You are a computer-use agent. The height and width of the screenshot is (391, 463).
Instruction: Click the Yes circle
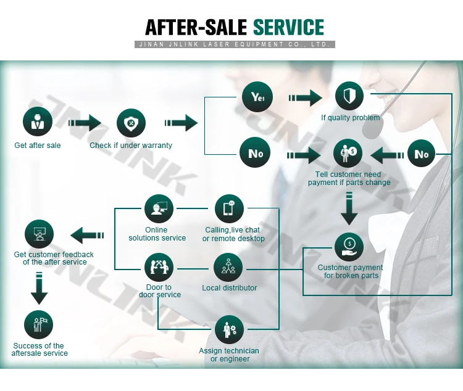coord(255,97)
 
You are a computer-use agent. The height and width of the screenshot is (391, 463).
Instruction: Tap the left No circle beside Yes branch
coord(255,153)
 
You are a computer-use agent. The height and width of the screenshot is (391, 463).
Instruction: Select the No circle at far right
coord(421,154)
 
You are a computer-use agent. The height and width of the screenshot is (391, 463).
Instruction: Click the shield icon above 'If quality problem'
coord(349,97)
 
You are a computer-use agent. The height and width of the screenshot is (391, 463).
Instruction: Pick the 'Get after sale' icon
coord(38,122)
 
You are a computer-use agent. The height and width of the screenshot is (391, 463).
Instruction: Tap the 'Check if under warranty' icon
coord(131,122)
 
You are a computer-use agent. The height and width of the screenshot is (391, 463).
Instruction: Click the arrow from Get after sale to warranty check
coord(84,123)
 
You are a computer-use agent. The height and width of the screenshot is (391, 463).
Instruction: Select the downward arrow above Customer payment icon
coord(349,208)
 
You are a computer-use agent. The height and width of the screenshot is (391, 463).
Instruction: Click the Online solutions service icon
coord(159,209)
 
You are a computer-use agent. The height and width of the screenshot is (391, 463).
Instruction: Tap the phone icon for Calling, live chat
coord(229,209)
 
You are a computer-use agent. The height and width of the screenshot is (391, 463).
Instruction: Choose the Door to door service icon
coord(159,267)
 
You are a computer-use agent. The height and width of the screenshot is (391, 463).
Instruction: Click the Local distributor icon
coord(229,267)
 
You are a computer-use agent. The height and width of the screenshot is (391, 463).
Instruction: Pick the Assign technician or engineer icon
coord(229,330)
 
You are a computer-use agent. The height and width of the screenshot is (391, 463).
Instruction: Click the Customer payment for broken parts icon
coord(349,247)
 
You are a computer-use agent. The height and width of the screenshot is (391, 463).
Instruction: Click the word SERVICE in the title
coord(288,27)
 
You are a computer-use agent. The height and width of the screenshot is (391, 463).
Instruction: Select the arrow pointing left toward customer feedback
coord(88,235)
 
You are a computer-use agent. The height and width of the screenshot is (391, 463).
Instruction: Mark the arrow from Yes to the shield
coord(305,97)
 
